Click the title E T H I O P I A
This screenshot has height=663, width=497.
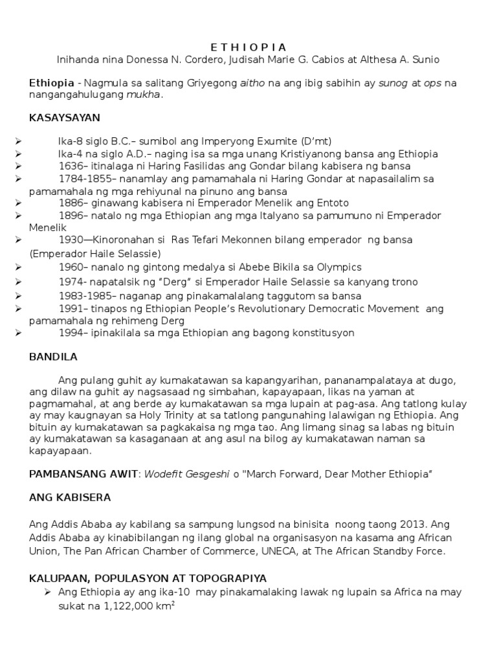248,47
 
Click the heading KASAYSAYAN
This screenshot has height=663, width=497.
65,118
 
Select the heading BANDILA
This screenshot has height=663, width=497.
53,356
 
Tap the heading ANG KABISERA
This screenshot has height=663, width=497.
70,497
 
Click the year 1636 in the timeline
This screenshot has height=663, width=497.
70,166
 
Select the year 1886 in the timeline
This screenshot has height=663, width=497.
70,203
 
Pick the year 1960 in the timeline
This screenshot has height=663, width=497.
70,267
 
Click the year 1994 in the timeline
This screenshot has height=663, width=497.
70,333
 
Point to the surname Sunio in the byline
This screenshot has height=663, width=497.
425,60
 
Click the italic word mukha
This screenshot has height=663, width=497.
147,95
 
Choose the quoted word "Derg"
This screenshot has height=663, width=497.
188,282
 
